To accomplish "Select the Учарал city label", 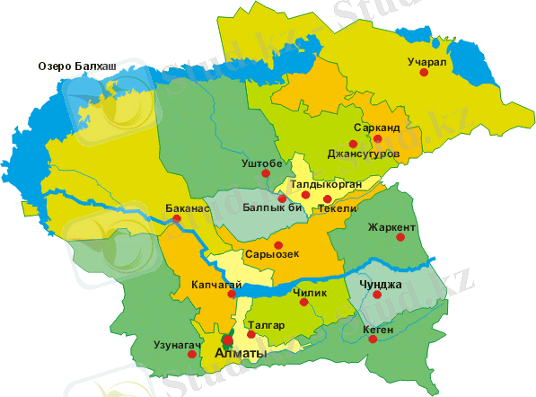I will (426, 61).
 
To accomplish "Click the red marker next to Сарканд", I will (379, 139).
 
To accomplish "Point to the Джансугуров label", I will (363, 154).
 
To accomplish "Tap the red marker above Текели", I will (328, 198).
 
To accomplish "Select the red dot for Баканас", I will (177, 218).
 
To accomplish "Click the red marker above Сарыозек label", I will (278, 245).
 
